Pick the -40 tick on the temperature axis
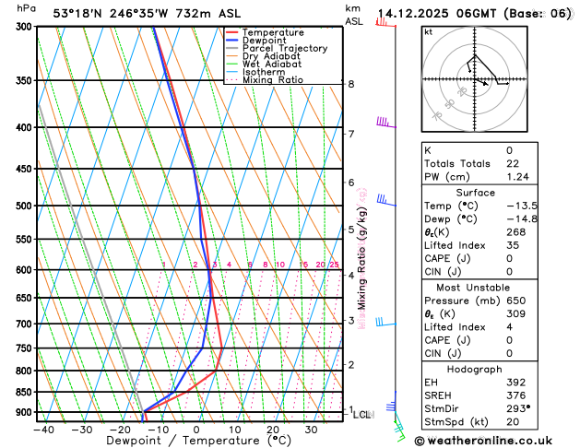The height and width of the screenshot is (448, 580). pyautogui.click(x=42, y=430)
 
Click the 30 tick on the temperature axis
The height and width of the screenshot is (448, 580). pyautogui.click(x=311, y=430)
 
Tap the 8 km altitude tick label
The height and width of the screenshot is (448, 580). pyautogui.click(x=350, y=84)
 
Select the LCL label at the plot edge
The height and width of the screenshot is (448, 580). pyautogui.click(x=361, y=415)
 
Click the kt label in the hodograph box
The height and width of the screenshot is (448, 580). pyautogui.click(x=428, y=31)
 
